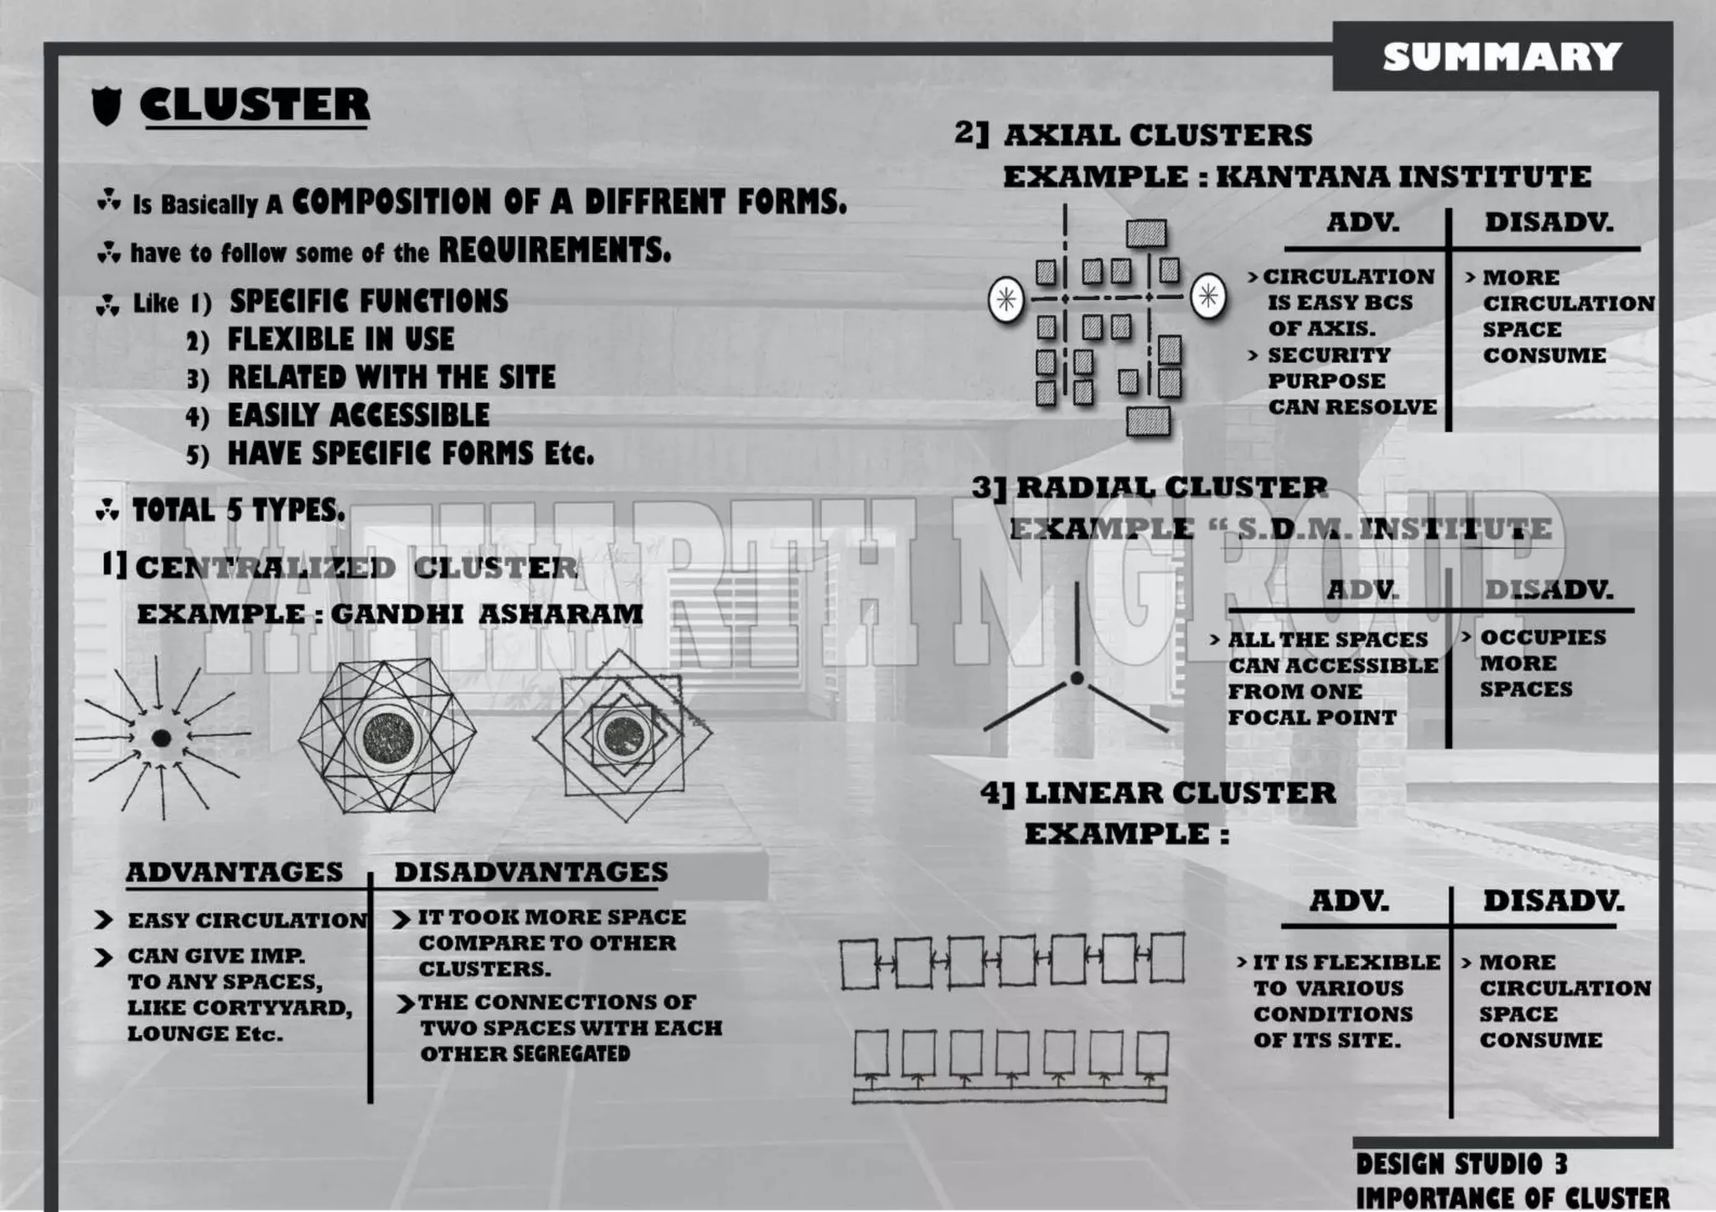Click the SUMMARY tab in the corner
[x=1502, y=57]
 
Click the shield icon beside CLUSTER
[x=106, y=106]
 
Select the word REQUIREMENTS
[x=555, y=250]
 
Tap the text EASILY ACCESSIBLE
[x=359, y=415]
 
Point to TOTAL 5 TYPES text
[x=238, y=510]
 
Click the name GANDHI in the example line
[x=396, y=614]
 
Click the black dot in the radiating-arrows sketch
[x=162, y=738]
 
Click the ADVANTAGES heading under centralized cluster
[x=235, y=872]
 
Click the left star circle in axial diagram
[x=1006, y=299]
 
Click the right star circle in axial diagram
[x=1207, y=296]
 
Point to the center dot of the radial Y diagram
[x=1077, y=678]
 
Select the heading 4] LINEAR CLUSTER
[x=1158, y=793]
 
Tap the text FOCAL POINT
[x=1311, y=718]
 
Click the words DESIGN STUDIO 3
[x=1461, y=1164]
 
